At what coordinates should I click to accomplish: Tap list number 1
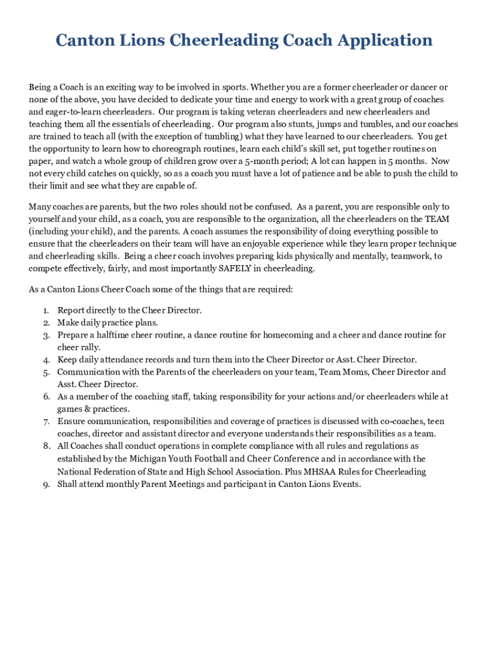[x=46, y=310]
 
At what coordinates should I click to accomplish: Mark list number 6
[x=46, y=397]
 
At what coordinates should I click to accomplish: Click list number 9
[x=46, y=484]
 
